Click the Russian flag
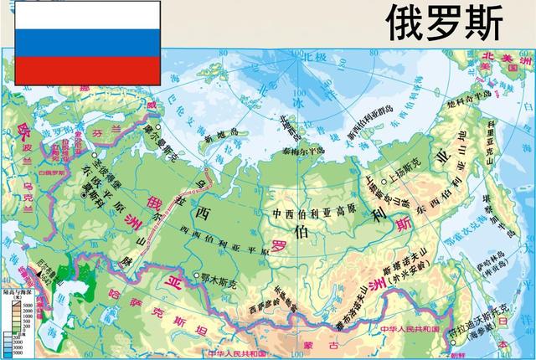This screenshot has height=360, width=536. coord(87,43)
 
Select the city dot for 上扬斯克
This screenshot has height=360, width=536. coord(384,182)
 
